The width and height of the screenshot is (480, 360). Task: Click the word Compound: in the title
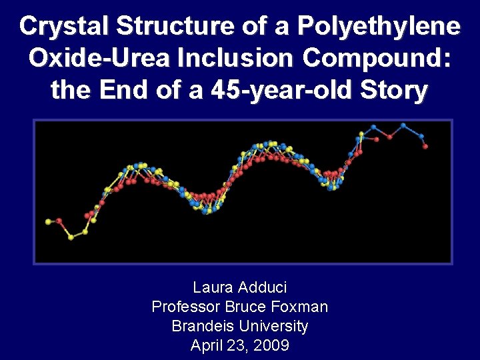[x=377, y=58]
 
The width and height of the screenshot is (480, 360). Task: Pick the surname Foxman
[x=300, y=307]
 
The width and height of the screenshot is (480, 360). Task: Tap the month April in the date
[x=207, y=346]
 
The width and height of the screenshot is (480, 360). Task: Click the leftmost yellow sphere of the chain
[x=48, y=221]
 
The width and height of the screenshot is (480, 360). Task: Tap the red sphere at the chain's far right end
[x=425, y=146]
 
